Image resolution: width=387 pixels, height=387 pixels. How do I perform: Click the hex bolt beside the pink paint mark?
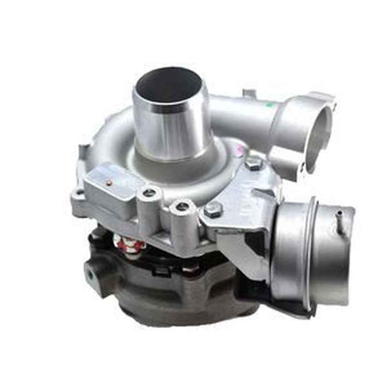[x=253, y=163]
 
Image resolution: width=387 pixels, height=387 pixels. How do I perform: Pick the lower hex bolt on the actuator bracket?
[x=213, y=209]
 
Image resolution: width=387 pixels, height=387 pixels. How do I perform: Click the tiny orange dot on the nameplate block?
[x=109, y=182]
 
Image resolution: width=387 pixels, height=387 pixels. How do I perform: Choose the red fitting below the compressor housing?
[x=131, y=245]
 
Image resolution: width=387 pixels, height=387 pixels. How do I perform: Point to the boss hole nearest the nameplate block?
[x=149, y=193]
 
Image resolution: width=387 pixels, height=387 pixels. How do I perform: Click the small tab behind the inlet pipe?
[x=249, y=93]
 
